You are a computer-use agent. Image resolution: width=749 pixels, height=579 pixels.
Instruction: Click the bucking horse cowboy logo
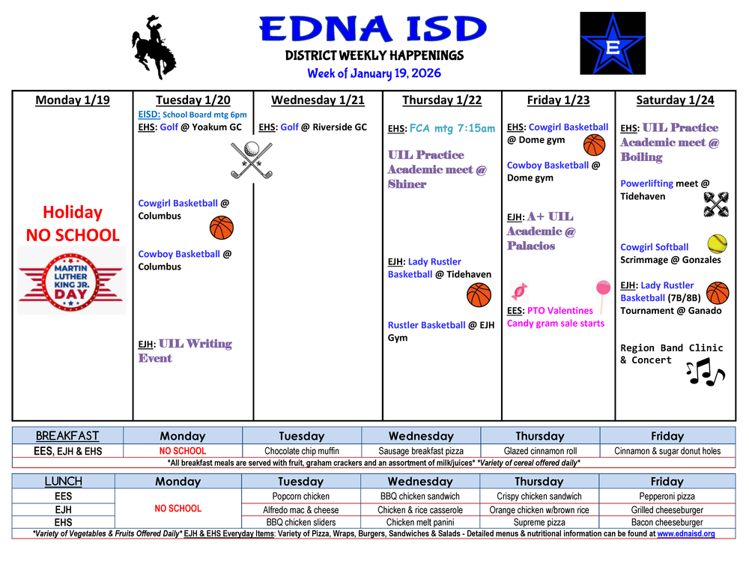click(x=154, y=46)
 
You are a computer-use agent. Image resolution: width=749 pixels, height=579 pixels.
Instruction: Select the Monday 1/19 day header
click(x=73, y=100)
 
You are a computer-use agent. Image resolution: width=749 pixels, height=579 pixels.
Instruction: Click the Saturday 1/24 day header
click(x=675, y=100)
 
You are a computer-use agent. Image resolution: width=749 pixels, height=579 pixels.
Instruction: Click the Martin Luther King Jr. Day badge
click(x=70, y=280)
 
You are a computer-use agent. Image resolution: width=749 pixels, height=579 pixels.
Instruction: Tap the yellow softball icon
click(x=717, y=243)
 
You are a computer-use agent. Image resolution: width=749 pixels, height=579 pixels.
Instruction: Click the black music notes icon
click(x=705, y=372)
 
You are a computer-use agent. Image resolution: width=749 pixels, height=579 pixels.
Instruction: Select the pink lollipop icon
click(x=603, y=292)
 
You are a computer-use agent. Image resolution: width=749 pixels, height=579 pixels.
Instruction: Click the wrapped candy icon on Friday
click(x=518, y=290)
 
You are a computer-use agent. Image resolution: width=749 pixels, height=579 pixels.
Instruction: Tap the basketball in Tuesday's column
click(x=222, y=227)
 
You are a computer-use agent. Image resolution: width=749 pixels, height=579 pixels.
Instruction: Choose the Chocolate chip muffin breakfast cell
click(x=302, y=451)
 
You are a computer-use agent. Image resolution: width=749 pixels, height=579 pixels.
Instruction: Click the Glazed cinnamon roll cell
click(x=539, y=451)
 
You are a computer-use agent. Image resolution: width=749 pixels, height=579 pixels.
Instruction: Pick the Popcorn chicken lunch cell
click(x=302, y=496)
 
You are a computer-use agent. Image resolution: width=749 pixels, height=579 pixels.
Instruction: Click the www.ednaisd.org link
click(x=685, y=534)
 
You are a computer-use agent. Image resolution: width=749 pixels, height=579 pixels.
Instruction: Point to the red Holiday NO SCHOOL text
click(x=73, y=223)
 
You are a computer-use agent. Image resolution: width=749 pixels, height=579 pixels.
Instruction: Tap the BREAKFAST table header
click(x=67, y=436)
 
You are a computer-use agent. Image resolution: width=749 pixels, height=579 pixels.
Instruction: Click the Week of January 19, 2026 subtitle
click(x=374, y=73)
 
